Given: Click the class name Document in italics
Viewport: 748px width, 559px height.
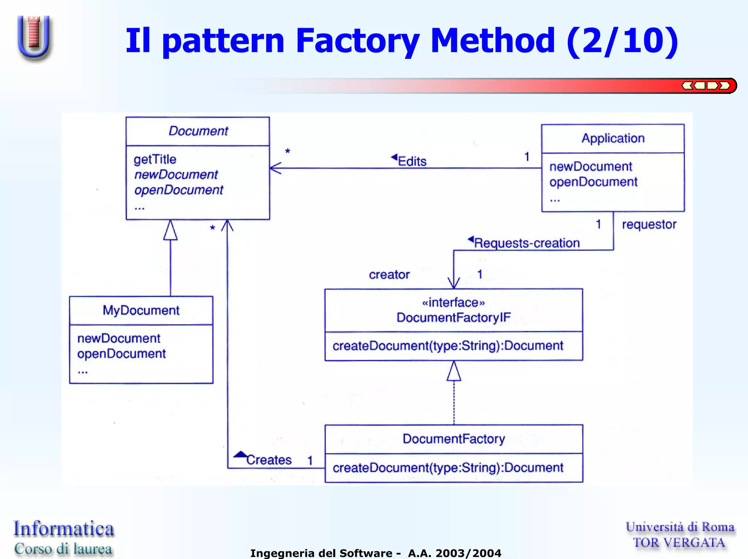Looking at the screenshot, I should tap(198, 131).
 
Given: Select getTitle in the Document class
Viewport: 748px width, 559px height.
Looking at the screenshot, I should tap(155, 160).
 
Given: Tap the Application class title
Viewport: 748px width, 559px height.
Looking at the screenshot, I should tap(613, 138).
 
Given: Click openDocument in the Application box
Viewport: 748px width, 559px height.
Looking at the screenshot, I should tap(593, 182).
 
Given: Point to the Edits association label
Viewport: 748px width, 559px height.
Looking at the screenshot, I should tap(412, 161).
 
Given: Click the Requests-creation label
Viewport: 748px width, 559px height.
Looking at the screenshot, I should tap(527, 243).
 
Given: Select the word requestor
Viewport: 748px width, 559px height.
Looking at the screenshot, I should tap(649, 225).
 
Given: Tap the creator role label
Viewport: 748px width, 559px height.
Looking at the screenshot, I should tap(389, 275).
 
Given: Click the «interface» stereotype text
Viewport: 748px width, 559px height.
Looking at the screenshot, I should tap(453, 303).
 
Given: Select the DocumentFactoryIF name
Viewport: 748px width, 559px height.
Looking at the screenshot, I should tap(453, 318).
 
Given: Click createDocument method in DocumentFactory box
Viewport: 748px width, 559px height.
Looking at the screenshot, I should tap(448, 468).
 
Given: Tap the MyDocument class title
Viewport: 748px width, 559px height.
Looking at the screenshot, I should tap(141, 310).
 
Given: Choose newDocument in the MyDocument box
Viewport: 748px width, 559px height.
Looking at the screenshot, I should tap(119, 338).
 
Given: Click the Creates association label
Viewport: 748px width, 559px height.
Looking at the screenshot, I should tap(269, 460).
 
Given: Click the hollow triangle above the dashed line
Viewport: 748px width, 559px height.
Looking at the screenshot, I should tap(454, 372).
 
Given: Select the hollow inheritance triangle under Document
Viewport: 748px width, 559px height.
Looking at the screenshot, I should tap(170, 231).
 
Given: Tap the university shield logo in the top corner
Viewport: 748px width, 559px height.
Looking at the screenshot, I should tap(34, 37).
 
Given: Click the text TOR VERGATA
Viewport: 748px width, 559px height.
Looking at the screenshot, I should tap(679, 543).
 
